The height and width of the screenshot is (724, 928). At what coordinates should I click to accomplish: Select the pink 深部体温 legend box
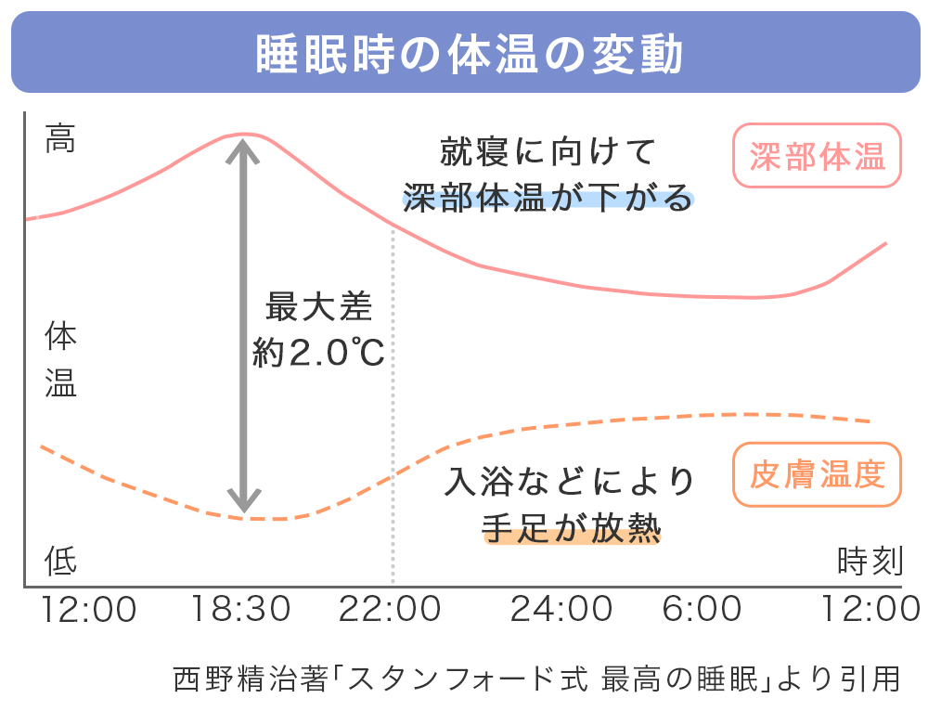point(817,156)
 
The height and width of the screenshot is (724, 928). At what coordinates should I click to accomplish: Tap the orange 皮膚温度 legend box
point(817,474)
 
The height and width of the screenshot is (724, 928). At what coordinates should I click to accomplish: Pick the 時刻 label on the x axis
point(869,561)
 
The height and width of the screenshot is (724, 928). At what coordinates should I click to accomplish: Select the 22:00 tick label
point(390,610)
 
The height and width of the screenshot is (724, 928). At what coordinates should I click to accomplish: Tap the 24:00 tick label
point(561,610)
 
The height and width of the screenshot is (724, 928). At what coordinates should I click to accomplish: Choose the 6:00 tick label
point(703,610)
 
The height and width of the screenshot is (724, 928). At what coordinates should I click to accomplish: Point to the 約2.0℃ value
point(318,354)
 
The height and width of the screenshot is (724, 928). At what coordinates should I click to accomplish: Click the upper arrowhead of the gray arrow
point(243,145)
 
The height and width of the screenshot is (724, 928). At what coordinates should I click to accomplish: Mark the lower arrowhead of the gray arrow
point(243,502)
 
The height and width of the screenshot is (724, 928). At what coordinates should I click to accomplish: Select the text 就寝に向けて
point(548,150)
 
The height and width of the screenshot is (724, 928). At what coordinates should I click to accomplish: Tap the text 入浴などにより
point(570,481)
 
